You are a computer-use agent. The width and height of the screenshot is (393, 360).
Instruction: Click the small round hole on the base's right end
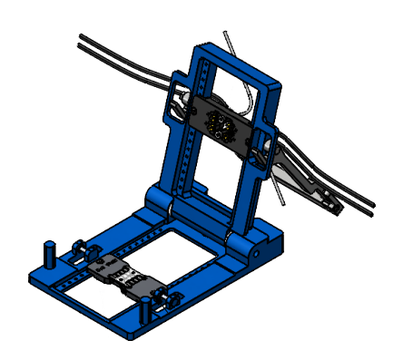pyautogui.click(x=268, y=243)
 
